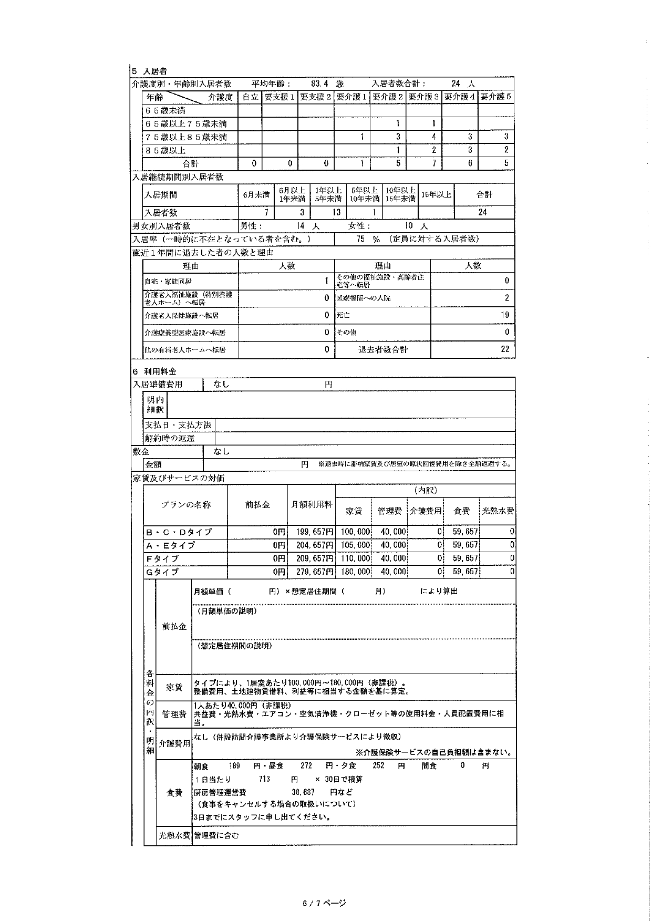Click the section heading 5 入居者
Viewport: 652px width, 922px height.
pyautogui.click(x=149, y=71)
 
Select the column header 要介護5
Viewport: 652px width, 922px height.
pyautogui.click(x=495, y=97)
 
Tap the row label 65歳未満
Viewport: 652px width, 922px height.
pyautogui.click(x=165, y=111)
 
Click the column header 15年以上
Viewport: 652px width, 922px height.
pyautogui.click(x=436, y=195)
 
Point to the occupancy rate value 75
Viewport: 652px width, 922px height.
pyautogui.click(x=360, y=239)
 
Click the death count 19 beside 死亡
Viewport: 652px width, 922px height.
pyautogui.click(x=504, y=315)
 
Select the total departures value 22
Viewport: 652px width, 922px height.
pyautogui.click(x=505, y=349)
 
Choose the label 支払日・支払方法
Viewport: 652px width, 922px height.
pyautogui.click(x=178, y=425)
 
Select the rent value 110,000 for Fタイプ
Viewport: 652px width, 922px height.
pyautogui.click(x=356, y=558)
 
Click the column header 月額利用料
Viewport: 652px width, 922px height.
pyautogui.click(x=312, y=504)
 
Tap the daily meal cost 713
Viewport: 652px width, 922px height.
pyautogui.click(x=264, y=779)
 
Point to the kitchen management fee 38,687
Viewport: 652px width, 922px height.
pyautogui.click(x=303, y=792)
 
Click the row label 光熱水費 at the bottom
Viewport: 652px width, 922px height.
pyautogui.click(x=174, y=835)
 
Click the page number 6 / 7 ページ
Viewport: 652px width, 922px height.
pyautogui.click(x=324, y=904)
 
